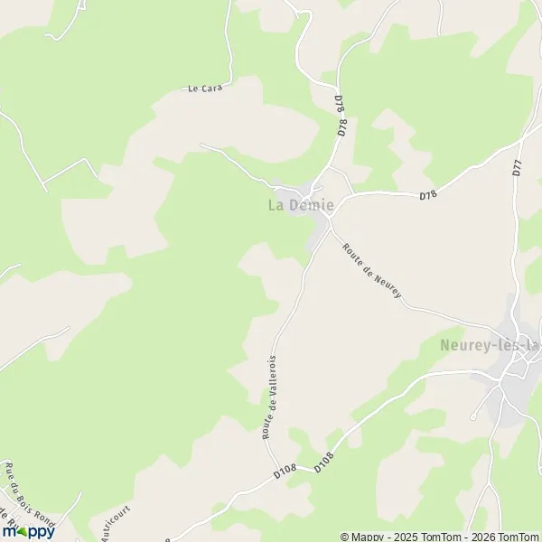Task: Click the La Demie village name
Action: tap(300, 205)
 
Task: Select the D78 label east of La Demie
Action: tap(427, 195)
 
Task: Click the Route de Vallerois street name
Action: tap(268, 397)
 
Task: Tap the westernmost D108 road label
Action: tap(285, 471)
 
